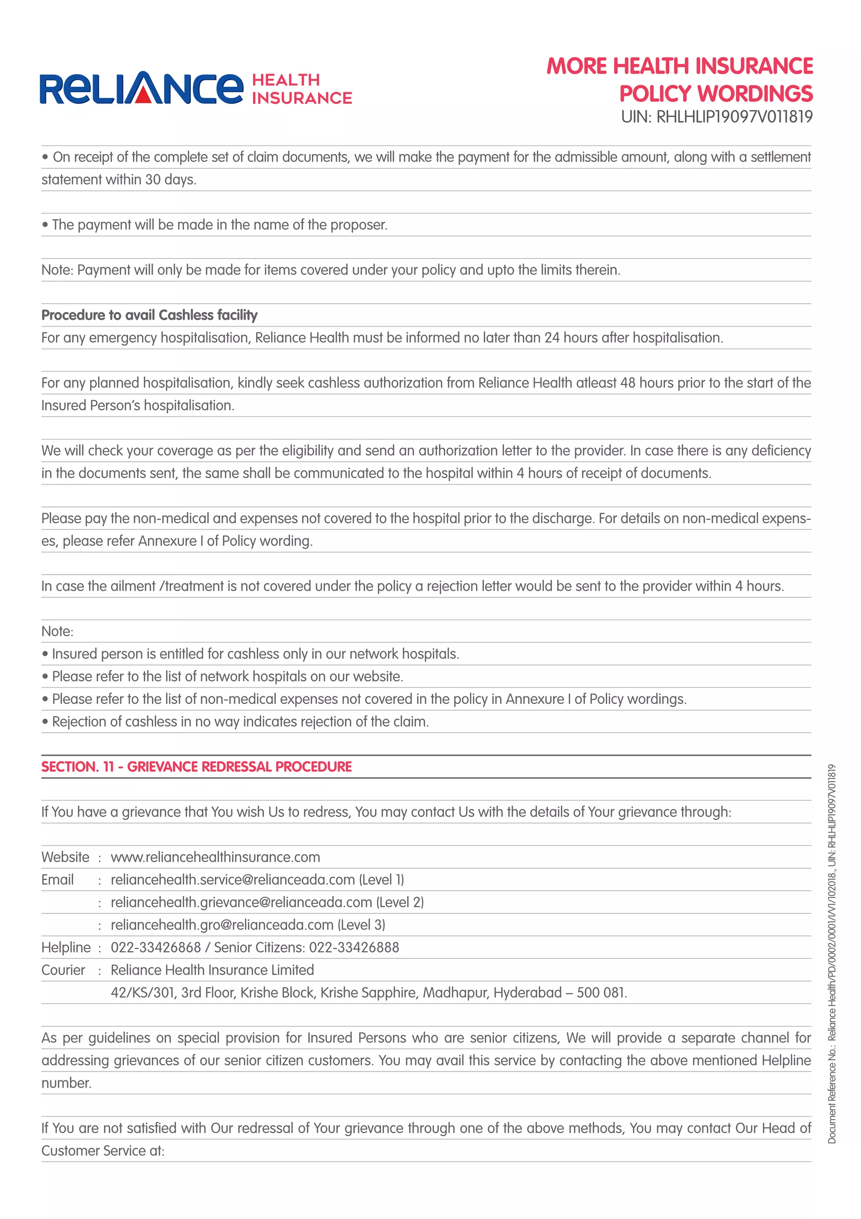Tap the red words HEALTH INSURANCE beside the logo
click(301, 89)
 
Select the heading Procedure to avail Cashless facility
click(149, 315)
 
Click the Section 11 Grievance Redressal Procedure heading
click(196, 767)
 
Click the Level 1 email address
click(232, 880)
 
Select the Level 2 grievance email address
click(241, 902)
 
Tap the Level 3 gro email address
click(222, 925)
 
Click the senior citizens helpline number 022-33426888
click(354, 947)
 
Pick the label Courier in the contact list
click(63, 970)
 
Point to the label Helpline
click(66, 947)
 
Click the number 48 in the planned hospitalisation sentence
click(628, 383)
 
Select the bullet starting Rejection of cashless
click(240, 722)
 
